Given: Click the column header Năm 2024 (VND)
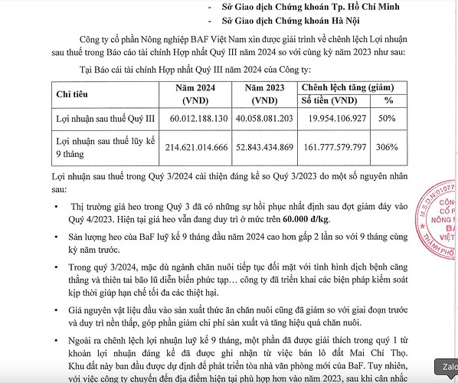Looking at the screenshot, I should (x=197, y=93).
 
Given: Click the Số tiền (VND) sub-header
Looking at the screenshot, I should (x=339, y=100).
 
